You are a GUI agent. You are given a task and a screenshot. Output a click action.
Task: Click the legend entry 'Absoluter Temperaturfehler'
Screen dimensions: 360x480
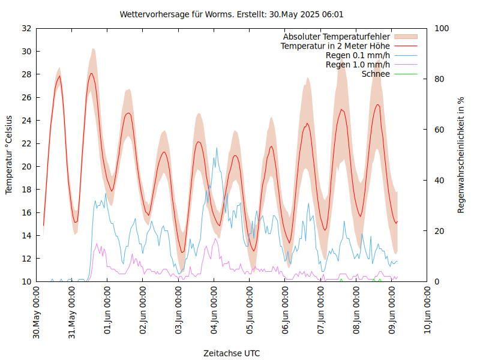337,37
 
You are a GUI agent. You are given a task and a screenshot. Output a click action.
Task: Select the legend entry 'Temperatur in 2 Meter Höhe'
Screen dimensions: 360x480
335,46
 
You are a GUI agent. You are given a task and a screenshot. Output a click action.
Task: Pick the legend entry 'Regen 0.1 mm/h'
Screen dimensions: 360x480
358,55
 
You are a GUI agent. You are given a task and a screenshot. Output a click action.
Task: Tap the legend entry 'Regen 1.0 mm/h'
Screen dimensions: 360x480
358,65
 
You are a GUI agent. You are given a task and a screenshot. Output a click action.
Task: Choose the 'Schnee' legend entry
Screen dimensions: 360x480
376,74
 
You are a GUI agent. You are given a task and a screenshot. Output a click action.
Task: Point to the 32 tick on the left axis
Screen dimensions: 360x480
26,28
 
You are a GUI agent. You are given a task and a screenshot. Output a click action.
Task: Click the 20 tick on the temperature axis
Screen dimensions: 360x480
26,166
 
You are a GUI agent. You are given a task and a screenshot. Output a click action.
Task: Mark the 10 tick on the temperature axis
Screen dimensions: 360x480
26,281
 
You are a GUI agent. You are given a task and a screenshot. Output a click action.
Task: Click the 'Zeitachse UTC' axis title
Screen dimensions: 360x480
232,353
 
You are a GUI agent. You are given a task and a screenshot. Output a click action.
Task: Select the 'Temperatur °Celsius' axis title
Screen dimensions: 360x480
9,155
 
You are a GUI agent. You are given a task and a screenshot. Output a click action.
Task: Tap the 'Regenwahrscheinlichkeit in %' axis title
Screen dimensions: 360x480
461,155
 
